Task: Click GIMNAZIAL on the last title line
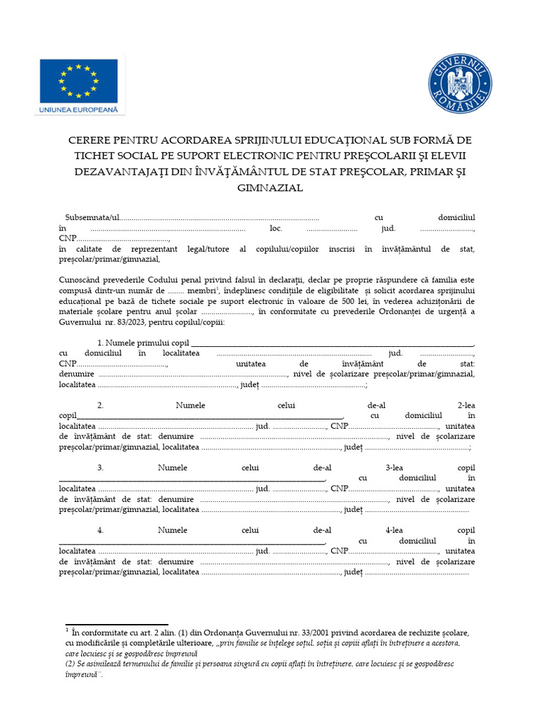[270, 188]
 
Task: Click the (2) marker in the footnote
[70, 663]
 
